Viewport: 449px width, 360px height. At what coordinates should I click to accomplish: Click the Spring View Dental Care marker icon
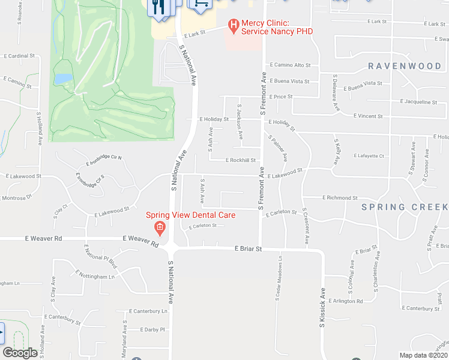click(x=159, y=227)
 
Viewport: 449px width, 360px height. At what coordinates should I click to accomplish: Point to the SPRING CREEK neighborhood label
click(x=404, y=207)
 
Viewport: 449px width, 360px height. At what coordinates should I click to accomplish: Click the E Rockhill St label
click(x=241, y=160)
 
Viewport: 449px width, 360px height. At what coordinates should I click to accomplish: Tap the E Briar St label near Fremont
click(x=249, y=248)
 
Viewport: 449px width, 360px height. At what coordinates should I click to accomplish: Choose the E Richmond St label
click(x=340, y=197)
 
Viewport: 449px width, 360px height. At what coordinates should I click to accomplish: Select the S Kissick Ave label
click(x=322, y=307)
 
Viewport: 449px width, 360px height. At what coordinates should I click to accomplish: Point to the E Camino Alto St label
click(x=290, y=64)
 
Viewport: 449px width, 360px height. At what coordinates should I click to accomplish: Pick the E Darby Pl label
click(x=152, y=329)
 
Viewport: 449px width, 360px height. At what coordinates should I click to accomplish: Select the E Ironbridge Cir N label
click(x=104, y=160)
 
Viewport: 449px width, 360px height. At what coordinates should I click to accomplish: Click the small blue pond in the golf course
click(x=62, y=79)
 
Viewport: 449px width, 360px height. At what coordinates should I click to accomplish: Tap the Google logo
click(x=20, y=353)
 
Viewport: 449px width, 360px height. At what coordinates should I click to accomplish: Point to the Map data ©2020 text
click(x=423, y=355)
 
